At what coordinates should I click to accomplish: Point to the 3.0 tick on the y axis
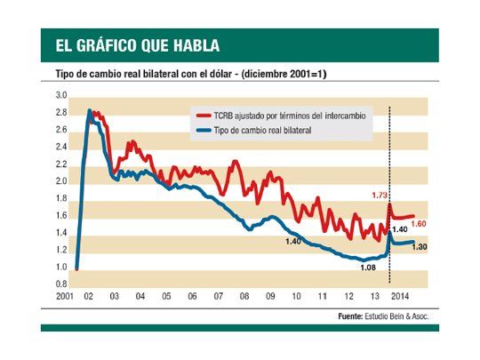(61, 95)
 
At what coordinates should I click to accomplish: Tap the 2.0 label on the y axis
(61, 181)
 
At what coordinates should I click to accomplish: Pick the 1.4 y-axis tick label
(61, 233)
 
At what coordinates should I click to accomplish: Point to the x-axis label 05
(166, 297)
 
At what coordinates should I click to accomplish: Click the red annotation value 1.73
(380, 194)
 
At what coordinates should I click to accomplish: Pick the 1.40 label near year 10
(292, 242)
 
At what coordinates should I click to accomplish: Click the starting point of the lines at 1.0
(77, 267)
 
